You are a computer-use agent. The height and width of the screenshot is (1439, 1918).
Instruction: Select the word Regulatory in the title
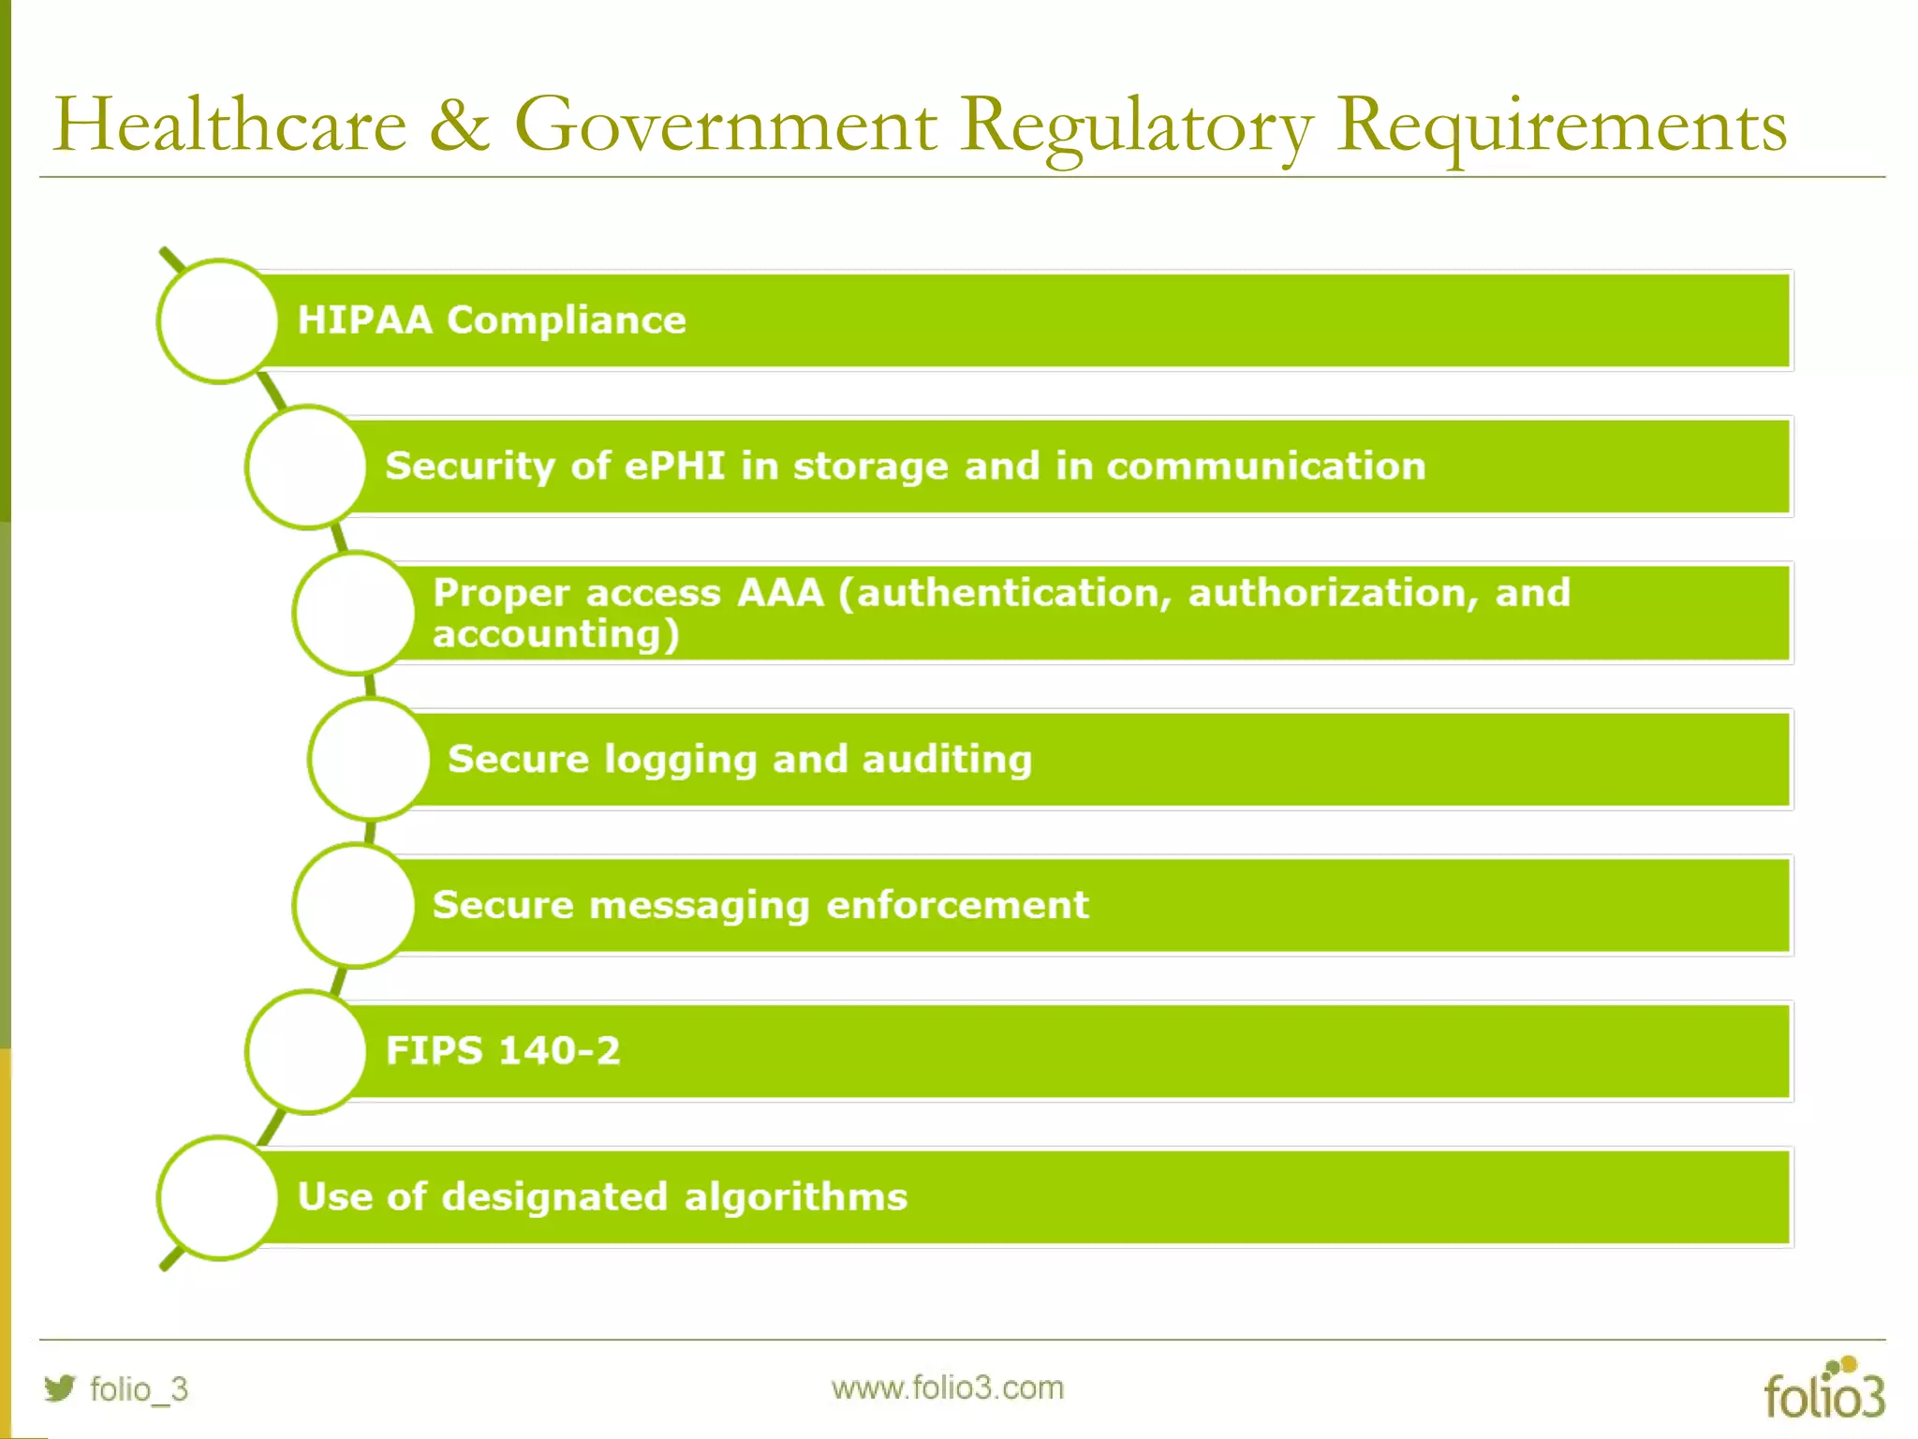click(1136, 126)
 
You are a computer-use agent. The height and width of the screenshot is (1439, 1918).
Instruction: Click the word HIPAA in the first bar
click(364, 320)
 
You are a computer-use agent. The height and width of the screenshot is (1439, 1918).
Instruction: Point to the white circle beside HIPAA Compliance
click(218, 320)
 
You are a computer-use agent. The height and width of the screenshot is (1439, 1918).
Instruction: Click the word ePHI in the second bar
click(674, 466)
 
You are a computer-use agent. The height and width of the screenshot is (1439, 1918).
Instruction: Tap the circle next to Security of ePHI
click(306, 467)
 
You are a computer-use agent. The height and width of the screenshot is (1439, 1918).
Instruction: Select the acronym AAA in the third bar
click(780, 593)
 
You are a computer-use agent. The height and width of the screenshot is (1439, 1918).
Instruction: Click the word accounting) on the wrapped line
click(555, 635)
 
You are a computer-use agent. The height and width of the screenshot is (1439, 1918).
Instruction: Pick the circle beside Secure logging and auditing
click(369, 759)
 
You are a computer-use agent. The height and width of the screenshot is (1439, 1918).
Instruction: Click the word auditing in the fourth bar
click(947, 760)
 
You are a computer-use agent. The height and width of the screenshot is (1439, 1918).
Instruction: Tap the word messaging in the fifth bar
click(699, 906)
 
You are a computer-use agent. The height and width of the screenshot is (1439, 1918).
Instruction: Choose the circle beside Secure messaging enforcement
click(354, 905)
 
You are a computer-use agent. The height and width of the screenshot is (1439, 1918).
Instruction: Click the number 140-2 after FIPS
click(559, 1051)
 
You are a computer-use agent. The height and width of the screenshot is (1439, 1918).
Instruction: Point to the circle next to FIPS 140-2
click(306, 1051)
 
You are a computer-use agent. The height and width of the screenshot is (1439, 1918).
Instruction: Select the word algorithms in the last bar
click(796, 1197)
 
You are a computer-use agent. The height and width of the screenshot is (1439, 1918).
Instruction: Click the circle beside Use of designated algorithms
click(218, 1197)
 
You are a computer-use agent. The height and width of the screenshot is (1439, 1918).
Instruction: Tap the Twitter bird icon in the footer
click(60, 1387)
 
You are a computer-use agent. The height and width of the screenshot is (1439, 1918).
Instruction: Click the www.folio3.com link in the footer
click(947, 1387)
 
